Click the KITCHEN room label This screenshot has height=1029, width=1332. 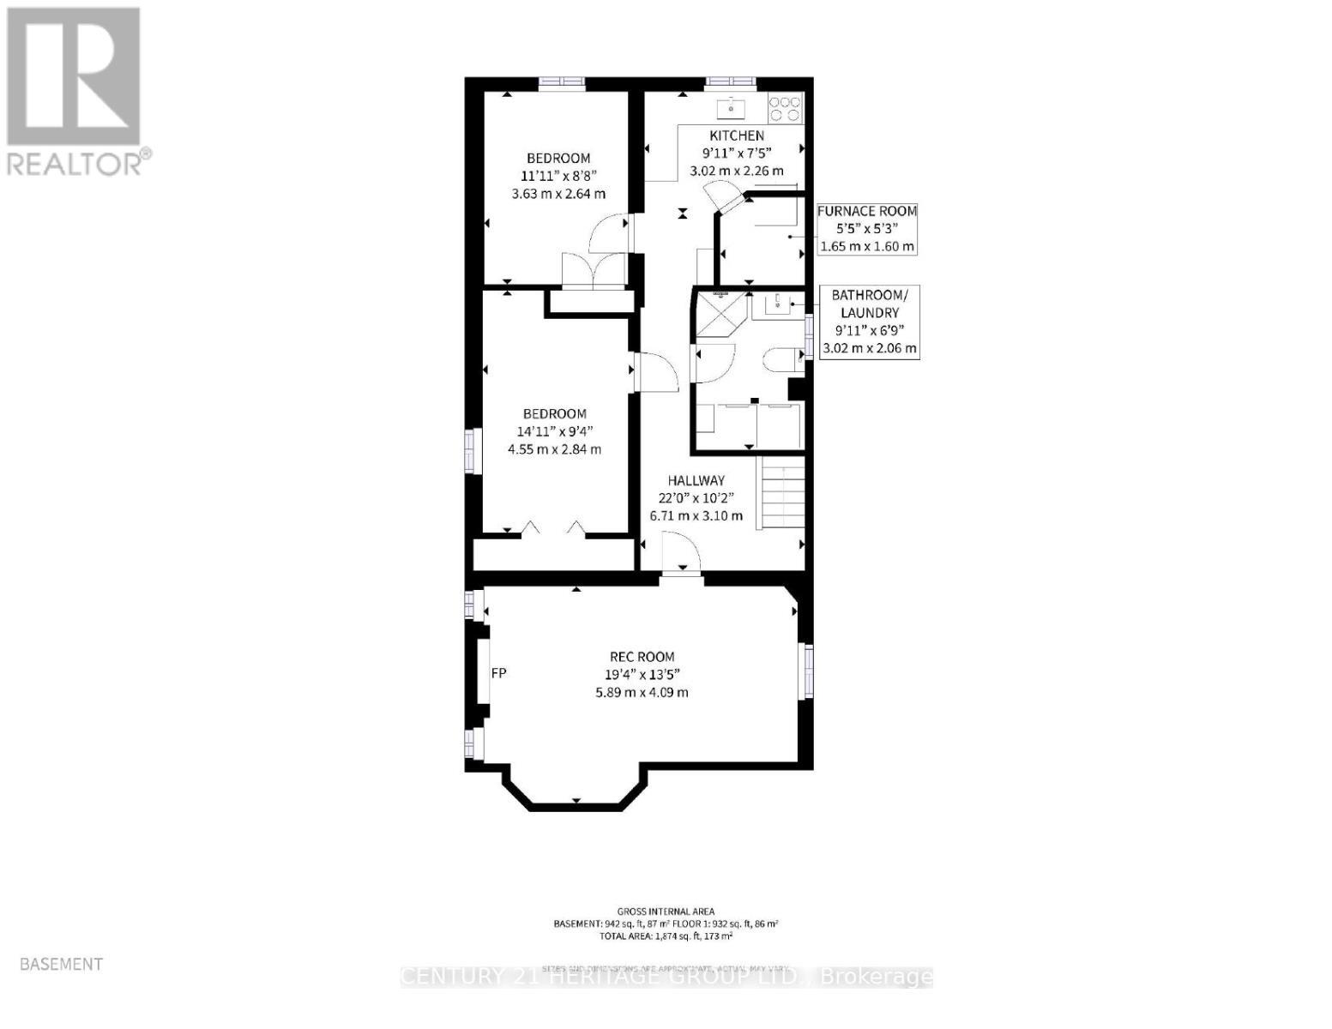(x=736, y=135)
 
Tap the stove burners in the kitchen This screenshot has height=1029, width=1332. (x=785, y=107)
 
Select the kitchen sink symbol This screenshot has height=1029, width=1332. (x=731, y=107)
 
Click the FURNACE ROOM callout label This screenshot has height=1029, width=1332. (x=866, y=211)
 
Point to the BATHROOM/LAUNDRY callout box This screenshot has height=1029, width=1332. (x=869, y=322)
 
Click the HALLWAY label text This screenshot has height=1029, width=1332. (x=696, y=481)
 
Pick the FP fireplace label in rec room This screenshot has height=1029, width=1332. (x=498, y=673)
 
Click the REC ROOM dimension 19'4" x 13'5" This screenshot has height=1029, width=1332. (x=642, y=675)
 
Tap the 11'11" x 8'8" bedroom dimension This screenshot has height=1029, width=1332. (x=558, y=176)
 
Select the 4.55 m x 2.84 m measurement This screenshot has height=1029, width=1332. (x=556, y=448)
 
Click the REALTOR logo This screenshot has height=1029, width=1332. (x=75, y=90)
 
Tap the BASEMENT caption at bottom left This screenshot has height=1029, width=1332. (x=61, y=964)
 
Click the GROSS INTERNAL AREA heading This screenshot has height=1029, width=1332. (x=666, y=912)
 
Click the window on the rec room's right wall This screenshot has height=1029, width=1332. (x=806, y=670)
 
